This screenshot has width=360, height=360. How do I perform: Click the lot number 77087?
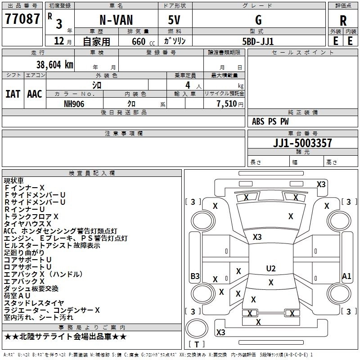tap(23, 19)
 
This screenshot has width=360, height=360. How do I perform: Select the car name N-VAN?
tap(116, 20)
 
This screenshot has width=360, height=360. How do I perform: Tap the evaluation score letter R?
tap(343, 20)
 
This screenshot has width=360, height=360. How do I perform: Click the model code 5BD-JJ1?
tap(258, 41)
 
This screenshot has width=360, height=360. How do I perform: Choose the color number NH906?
tap(74, 103)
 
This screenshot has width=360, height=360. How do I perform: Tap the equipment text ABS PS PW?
tap(270, 121)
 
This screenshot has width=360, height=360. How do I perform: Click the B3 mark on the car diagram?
tap(195, 276)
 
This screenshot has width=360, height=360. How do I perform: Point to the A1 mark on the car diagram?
tap(346, 276)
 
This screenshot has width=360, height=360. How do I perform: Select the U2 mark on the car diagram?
tap(270, 268)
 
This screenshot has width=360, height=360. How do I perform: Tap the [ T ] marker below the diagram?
tap(197, 344)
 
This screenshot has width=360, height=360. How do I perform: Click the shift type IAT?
tap(13, 94)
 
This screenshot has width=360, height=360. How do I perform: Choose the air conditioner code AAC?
tap(34, 94)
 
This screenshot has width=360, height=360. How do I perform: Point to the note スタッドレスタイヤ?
tap(34, 303)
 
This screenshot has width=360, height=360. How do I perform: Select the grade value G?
tap(258, 20)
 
